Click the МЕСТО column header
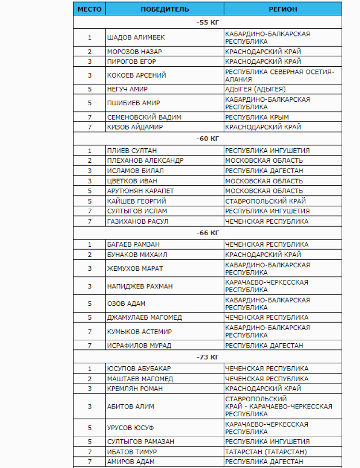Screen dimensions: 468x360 click(x=89, y=9)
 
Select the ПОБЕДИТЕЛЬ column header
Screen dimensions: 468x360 click(x=165, y=9)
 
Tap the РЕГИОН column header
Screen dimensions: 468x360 click(x=283, y=9)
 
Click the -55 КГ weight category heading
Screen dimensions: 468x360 click(x=207, y=23)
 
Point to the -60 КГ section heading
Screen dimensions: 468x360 click(x=207, y=139)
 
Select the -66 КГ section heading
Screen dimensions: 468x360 click(x=207, y=233)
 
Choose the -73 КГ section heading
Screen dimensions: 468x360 click(x=207, y=357)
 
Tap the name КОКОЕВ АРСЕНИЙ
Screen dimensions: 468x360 click(x=136, y=75)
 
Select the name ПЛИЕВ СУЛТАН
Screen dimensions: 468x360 click(x=132, y=151)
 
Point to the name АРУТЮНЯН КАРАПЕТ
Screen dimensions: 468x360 click(x=141, y=191)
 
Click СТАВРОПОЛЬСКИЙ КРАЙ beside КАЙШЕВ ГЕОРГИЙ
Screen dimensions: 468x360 click(x=265, y=201)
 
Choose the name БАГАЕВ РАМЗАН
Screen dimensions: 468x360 click(x=133, y=244)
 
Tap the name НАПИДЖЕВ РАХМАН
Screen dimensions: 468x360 click(x=140, y=286)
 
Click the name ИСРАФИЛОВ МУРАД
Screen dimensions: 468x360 click(x=139, y=346)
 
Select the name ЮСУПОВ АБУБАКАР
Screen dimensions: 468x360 click(x=139, y=369)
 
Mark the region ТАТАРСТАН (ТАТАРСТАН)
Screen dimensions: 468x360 click(x=266, y=452)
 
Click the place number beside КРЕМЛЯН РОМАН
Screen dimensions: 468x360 click(x=89, y=389)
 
